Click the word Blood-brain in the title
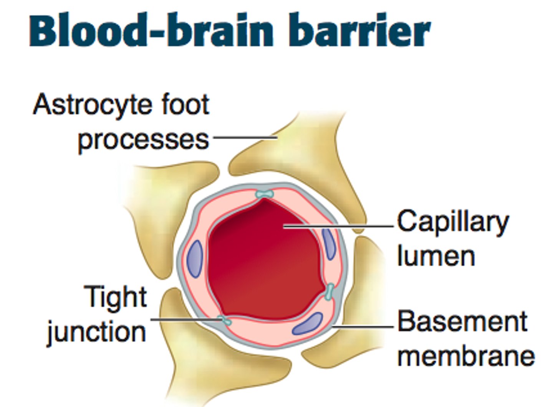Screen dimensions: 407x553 [x=154, y=31]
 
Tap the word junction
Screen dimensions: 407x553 [x=96, y=332]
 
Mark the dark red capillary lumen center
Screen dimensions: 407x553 [x=265, y=261]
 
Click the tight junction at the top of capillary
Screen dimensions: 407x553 [x=265, y=194]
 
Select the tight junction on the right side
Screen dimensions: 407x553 [x=329, y=292]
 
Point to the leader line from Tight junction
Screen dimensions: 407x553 [x=184, y=319]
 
